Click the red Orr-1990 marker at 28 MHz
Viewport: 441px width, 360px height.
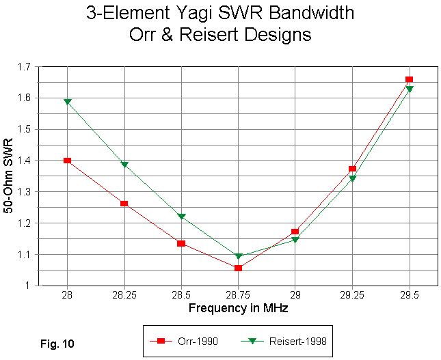67,161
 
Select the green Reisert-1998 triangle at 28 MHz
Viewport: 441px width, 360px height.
67,102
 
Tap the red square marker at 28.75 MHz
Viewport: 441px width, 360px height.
238,268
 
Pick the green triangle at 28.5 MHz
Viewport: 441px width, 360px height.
181,217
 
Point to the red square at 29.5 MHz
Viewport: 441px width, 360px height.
409,80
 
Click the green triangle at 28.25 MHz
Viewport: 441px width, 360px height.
124,165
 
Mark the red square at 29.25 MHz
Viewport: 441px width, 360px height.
352,169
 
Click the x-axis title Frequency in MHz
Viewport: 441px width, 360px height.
238,309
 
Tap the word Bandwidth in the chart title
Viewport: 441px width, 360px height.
310,13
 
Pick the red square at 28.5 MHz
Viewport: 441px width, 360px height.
181,243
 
